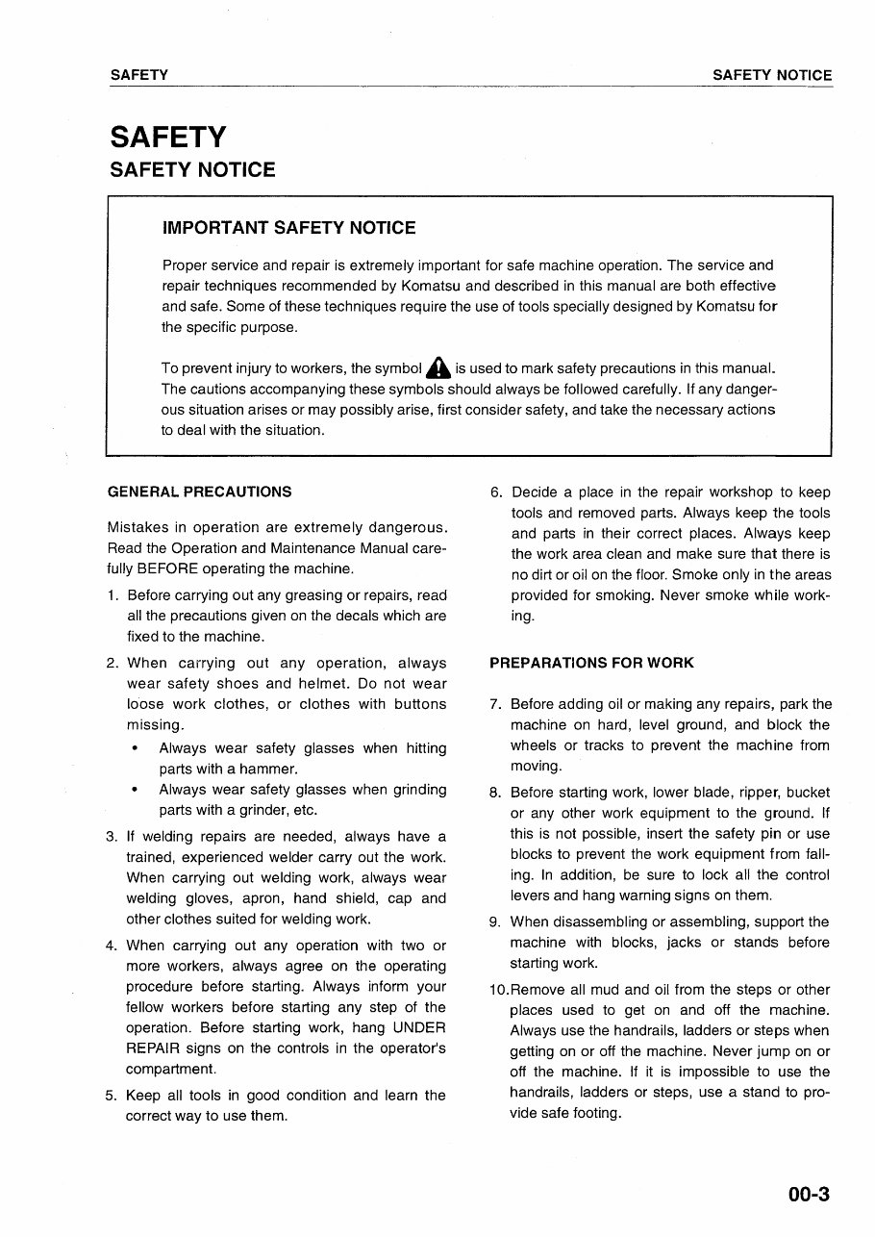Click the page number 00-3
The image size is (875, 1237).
point(809,1196)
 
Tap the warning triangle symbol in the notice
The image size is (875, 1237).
point(438,367)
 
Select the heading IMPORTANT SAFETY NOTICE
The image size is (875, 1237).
point(288,228)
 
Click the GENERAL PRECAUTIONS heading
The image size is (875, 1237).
point(199,492)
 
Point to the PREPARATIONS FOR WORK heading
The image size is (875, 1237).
point(591,663)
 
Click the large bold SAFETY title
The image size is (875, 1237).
point(168,137)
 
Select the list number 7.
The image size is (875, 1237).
point(494,704)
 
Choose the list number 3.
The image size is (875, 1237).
point(112,836)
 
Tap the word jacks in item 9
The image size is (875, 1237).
point(684,943)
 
